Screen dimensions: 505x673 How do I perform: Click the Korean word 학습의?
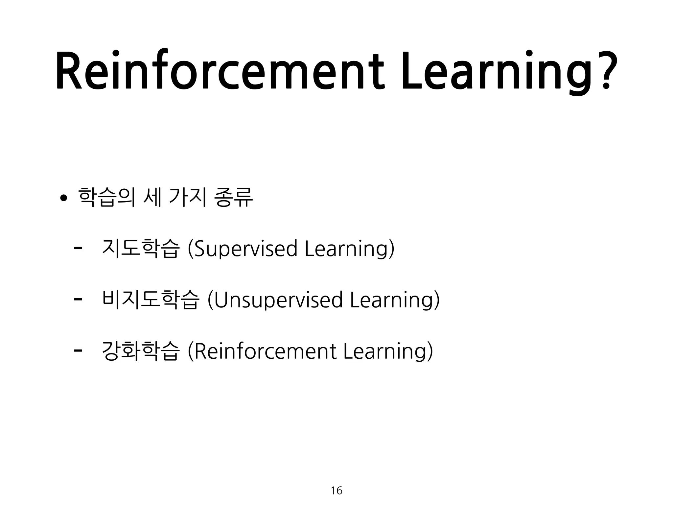[x=107, y=197]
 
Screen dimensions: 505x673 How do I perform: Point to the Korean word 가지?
[x=188, y=197]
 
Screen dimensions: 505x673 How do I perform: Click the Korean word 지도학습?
[x=141, y=249]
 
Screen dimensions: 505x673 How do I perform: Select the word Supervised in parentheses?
[x=246, y=249]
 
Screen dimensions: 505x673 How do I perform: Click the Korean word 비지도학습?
[x=151, y=300]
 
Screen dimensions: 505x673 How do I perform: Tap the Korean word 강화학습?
[x=141, y=351]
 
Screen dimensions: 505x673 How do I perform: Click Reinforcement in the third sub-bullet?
[x=266, y=351]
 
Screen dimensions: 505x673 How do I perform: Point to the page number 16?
[x=336, y=491]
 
